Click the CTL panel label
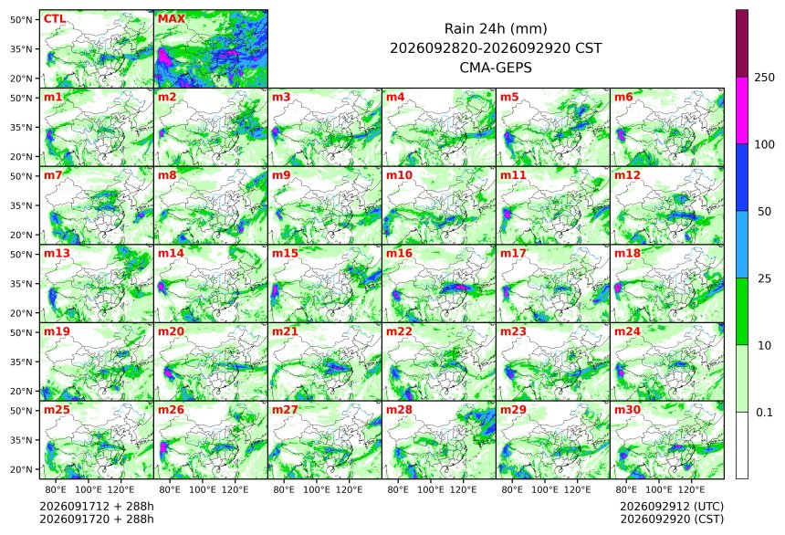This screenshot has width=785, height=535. click(54, 19)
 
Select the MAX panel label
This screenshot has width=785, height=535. click(172, 19)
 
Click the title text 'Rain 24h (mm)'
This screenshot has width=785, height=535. click(496, 29)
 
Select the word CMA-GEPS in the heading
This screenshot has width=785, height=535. click(496, 68)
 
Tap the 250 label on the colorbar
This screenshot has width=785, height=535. click(764, 78)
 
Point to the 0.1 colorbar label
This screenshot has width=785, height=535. click(764, 413)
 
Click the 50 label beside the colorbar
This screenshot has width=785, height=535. click(764, 212)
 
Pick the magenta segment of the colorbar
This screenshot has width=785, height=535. click(742, 110)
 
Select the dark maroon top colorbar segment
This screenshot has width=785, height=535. click(742, 44)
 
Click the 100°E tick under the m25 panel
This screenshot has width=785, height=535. click(89, 489)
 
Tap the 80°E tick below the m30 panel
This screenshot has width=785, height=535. click(626, 489)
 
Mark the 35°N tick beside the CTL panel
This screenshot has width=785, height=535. click(21, 49)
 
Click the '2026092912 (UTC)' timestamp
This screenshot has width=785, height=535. click(672, 507)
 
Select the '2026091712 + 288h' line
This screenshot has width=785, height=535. click(97, 507)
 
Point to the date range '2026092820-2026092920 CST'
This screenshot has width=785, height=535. click(496, 48)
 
